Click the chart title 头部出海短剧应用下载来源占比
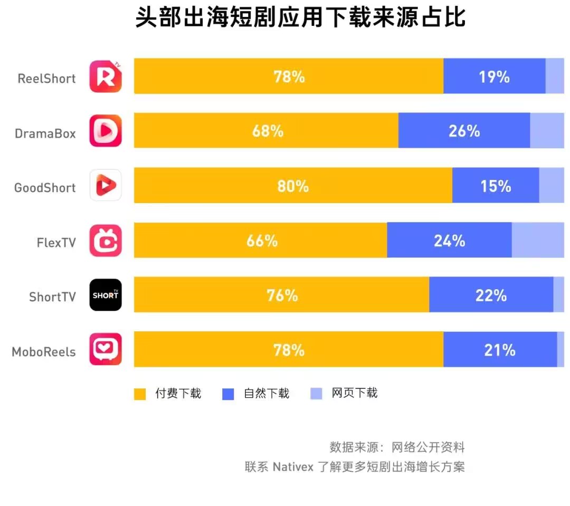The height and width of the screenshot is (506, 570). [300, 18]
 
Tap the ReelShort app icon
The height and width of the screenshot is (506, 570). [106, 77]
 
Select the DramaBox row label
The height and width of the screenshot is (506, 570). [45, 133]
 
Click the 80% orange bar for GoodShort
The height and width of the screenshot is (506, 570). [293, 186]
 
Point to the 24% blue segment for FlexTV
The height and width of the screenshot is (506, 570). [449, 241]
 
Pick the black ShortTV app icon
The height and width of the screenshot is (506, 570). [106, 295]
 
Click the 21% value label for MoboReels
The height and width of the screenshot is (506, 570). [499, 350]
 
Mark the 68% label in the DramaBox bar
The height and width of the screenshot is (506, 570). [268, 131]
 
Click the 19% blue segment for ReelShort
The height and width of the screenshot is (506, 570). [494, 77]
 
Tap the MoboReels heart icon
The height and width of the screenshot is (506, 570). [106, 349]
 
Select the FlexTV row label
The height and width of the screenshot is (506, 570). [56, 243]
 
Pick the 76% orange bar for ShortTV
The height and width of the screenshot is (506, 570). [282, 295]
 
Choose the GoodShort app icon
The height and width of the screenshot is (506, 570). [106, 185]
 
